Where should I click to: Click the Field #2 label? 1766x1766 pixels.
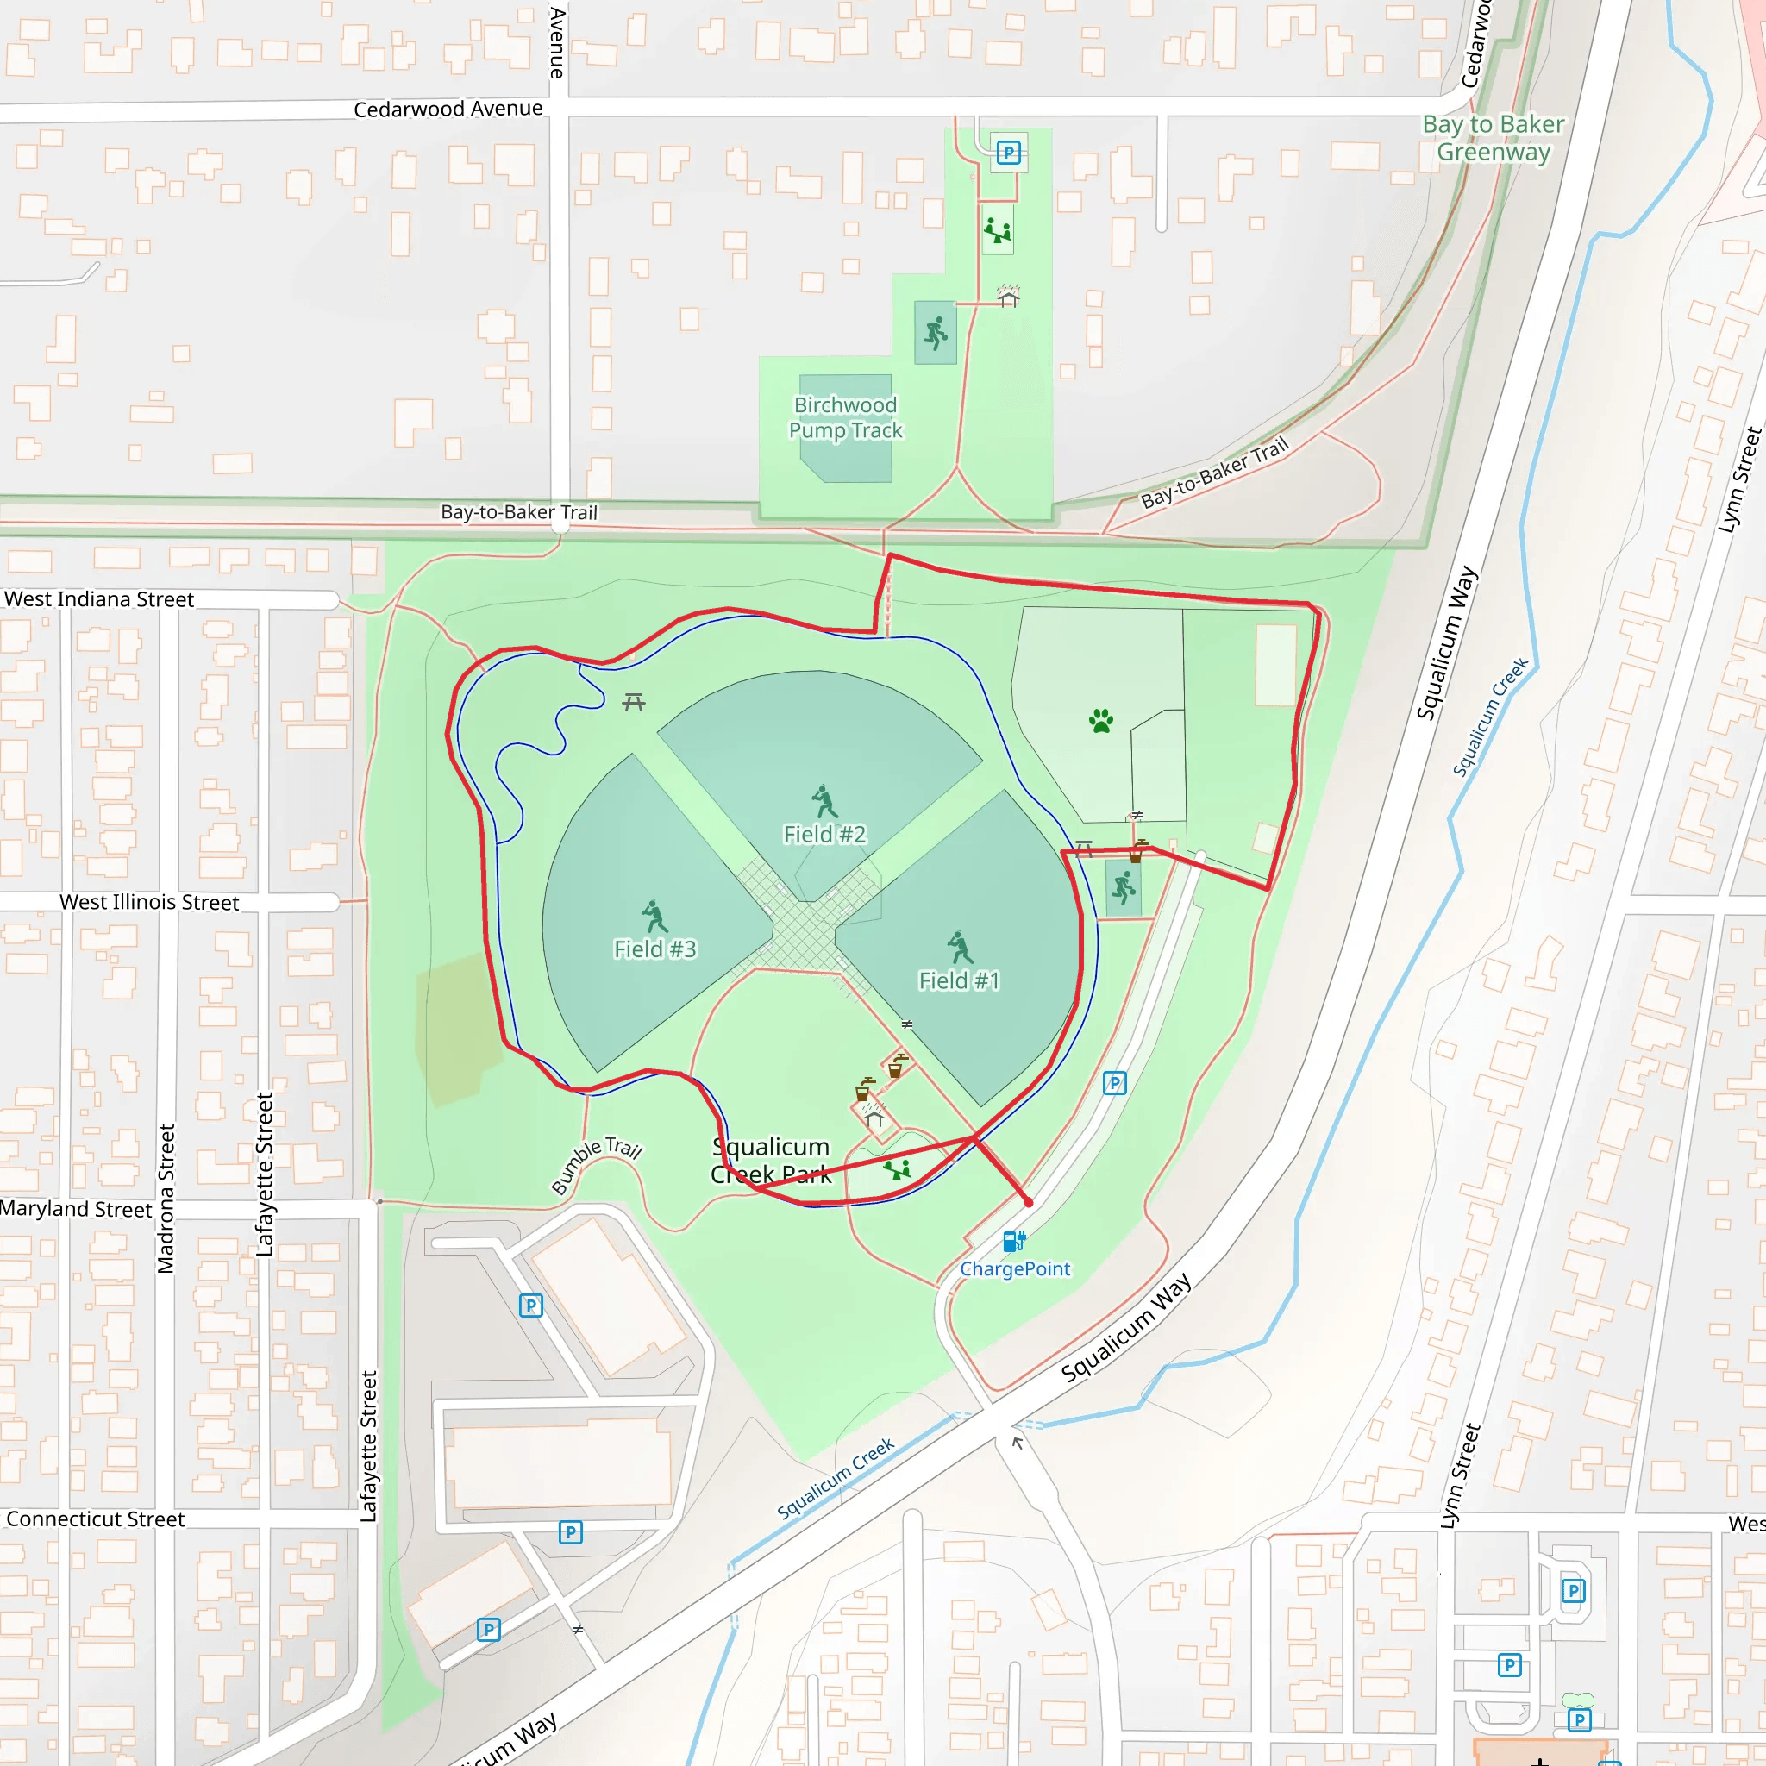point(824,834)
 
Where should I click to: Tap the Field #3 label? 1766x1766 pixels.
point(654,949)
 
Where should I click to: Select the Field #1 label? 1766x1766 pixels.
point(959,980)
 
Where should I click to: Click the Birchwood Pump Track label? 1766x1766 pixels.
point(846,417)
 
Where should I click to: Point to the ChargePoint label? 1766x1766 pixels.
point(1015,1268)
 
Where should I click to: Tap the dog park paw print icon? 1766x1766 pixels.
point(1101,721)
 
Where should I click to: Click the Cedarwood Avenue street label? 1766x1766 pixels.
point(448,109)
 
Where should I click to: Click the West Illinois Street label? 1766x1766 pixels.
point(149,902)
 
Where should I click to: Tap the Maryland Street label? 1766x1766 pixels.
point(76,1208)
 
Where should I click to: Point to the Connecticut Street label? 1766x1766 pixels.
point(95,1519)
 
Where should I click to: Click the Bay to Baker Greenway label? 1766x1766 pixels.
point(1493,138)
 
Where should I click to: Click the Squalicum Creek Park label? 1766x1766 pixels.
point(771,1160)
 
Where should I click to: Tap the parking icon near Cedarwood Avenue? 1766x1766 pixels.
point(1008,153)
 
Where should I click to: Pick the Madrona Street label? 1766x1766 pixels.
point(166,1199)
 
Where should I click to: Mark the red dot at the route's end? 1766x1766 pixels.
point(1029,1202)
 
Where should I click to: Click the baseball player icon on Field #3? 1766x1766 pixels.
point(654,916)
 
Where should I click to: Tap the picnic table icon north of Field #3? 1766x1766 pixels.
point(635,702)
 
